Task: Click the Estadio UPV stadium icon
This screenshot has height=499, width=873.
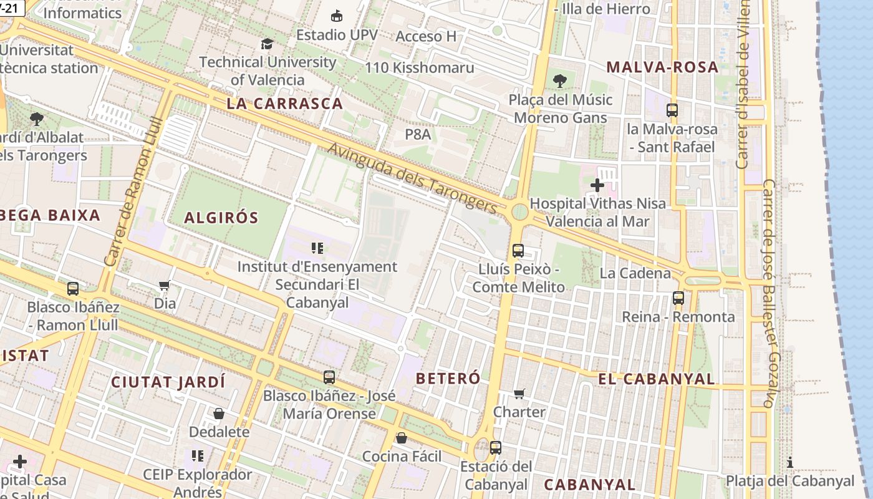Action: click(337, 15)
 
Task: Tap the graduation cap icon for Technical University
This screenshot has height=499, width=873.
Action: click(267, 44)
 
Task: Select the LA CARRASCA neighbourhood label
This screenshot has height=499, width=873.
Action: click(285, 104)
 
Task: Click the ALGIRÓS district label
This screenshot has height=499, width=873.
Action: click(221, 218)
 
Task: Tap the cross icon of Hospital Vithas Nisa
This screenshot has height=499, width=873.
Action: click(597, 185)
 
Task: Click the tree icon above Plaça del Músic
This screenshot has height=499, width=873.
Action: click(559, 80)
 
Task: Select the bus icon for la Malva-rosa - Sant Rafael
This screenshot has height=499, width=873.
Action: click(672, 110)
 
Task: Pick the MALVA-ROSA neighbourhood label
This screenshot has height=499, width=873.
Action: click(662, 67)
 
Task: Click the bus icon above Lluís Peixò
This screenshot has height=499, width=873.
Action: click(518, 251)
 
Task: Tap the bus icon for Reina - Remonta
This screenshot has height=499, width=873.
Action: click(678, 298)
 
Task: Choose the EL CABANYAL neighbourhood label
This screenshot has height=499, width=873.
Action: click(657, 379)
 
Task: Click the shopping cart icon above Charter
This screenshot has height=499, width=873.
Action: click(519, 394)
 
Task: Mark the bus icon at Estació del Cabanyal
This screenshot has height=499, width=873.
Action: click(496, 447)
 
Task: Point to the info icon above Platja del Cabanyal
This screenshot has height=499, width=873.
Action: click(790, 462)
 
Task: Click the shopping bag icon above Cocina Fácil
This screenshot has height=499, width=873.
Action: click(402, 438)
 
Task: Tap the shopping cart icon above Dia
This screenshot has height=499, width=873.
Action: click(165, 286)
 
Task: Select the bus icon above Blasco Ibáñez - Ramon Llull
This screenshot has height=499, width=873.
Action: click(73, 289)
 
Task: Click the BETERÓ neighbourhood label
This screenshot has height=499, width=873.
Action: click(448, 378)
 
